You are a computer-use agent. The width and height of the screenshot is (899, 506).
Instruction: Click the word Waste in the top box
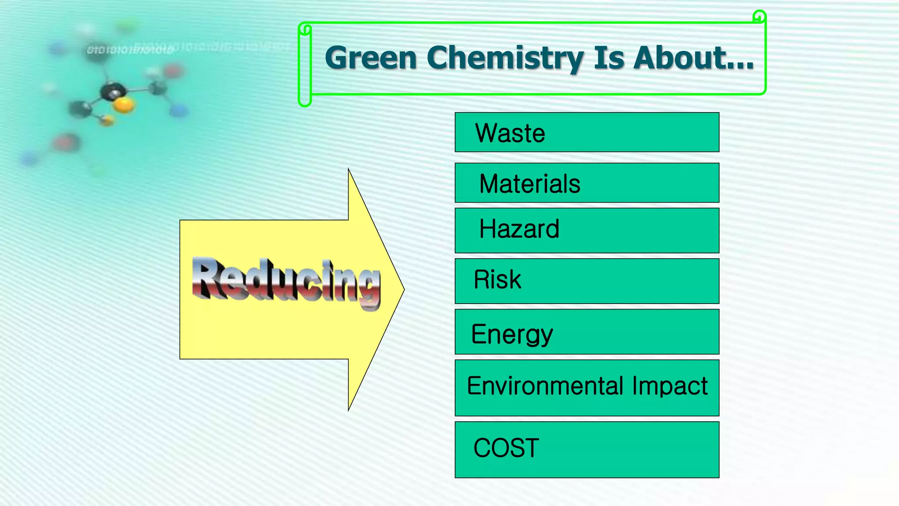[510, 133]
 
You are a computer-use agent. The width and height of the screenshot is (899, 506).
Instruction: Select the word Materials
[530, 184]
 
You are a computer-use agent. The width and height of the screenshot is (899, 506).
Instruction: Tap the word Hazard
[519, 229]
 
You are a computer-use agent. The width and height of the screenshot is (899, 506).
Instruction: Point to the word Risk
[497, 279]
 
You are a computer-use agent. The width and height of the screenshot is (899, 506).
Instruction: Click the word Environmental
[546, 386]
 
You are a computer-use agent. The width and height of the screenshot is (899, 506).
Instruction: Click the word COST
[506, 448]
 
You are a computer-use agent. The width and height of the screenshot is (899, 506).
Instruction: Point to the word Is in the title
[608, 58]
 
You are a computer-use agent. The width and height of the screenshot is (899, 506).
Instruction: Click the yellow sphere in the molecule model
[124, 105]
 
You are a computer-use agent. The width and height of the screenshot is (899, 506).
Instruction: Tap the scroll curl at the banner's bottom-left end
[305, 100]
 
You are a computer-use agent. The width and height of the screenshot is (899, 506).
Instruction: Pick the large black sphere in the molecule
[113, 91]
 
